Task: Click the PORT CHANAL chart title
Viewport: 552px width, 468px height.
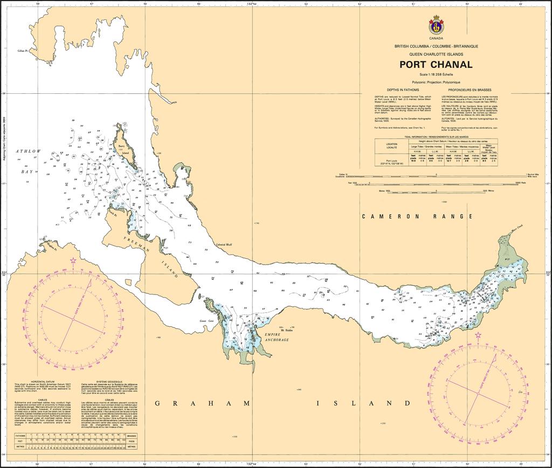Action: [x=436, y=65]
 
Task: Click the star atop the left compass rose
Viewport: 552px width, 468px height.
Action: [x=73, y=260]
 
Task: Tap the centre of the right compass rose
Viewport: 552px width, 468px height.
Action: [x=478, y=392]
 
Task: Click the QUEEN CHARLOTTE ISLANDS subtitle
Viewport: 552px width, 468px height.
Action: [x=436, y=54]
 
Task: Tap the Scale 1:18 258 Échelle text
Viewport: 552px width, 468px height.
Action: [x=436, y=74]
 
